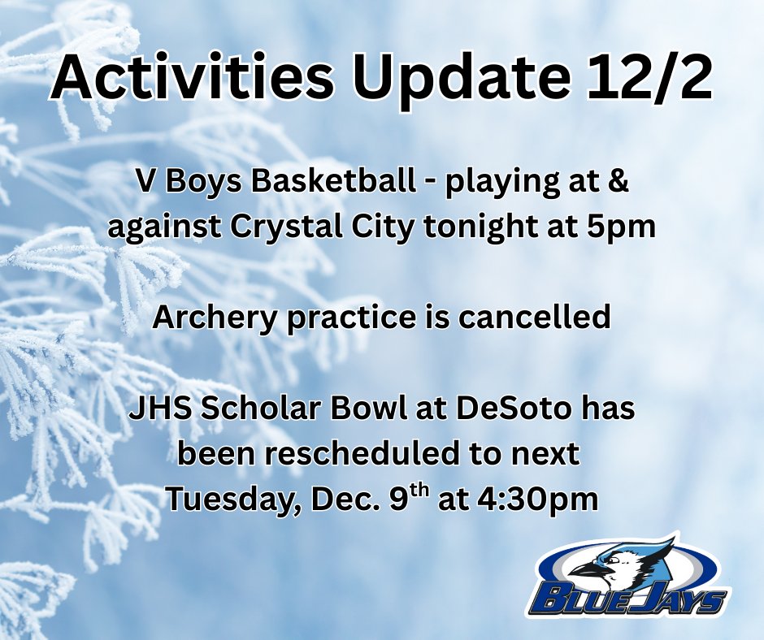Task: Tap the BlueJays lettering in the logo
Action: pos(626,599)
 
